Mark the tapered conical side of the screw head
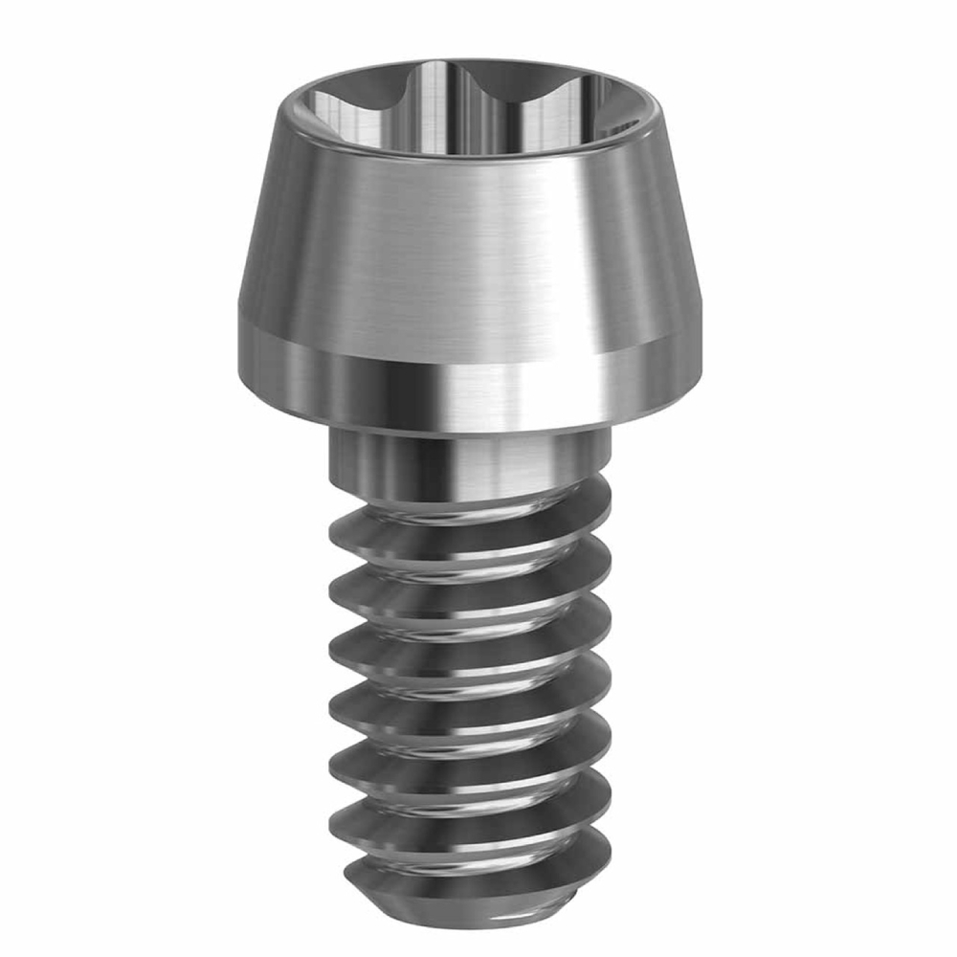(x=469, y=249)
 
